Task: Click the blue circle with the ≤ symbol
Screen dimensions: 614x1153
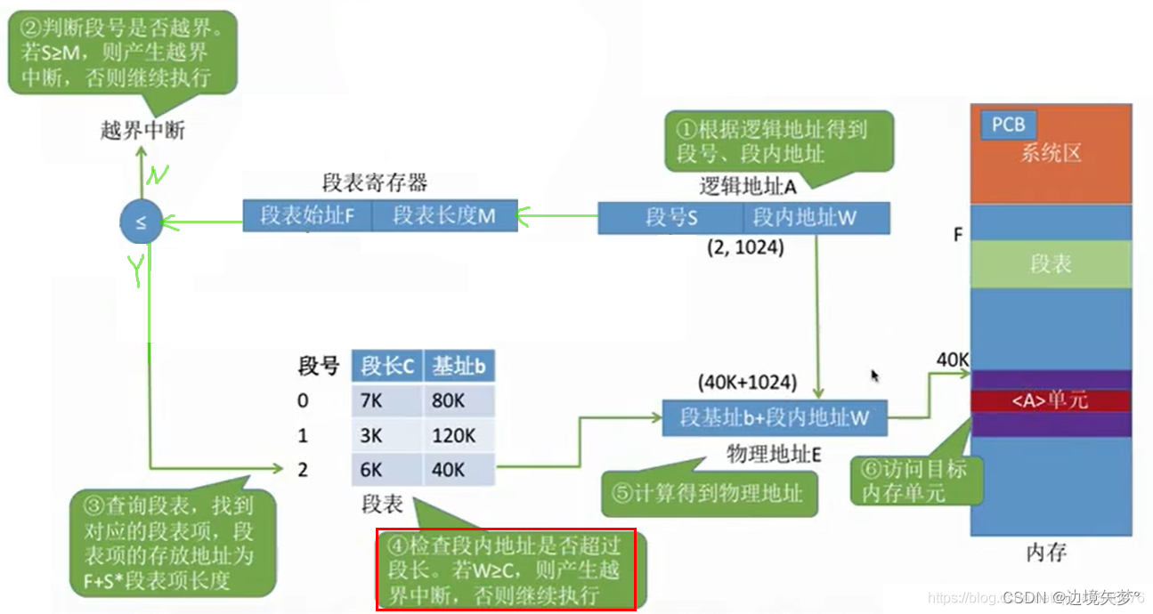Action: click(141, 222)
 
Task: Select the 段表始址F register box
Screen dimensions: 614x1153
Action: click(305, 215)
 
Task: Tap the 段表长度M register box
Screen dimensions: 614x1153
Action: click(443, 215)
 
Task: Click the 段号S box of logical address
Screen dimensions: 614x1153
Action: click(671, 217)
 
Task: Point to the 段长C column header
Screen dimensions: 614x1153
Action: click(386, 366)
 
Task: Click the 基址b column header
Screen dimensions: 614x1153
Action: click(459, 366)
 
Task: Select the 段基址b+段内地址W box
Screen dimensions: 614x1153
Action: click(775, 416)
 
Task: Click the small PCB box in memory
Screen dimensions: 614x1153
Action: click(1008, 125)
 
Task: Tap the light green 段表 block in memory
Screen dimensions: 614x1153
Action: click(1051, 264)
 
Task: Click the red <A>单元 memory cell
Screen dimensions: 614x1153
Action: click(1051, 401)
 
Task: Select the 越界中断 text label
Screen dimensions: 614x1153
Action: click(142, 131)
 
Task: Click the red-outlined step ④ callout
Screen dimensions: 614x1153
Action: click(506, 570)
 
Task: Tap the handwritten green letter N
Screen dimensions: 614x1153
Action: click(157, 176)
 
